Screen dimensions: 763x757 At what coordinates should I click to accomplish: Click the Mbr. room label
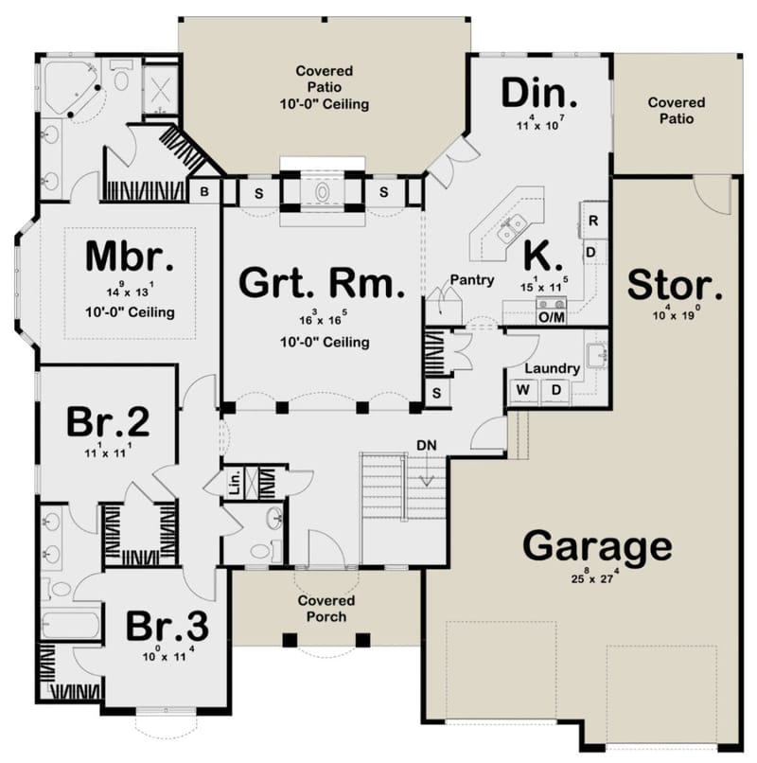pyautogui.click(x=129, y=257)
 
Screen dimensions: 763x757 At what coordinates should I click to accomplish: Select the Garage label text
pyautogui.click(x=597, y=546)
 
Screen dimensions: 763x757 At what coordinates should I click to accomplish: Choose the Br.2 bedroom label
pyautogui.click(x=107, y=422)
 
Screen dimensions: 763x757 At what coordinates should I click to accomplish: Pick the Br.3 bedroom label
pyautogui.click(x=167, y=626)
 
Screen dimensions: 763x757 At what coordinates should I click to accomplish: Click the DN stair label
pyautogui.click(x=427, y=444)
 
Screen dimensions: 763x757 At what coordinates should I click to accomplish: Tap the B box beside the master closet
pyautogui.click(x=204, y=191)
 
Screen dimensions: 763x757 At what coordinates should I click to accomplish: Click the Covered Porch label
pyautogui.click(x=326, y=609)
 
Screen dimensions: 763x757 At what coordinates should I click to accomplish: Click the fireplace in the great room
pyautogui.click(x=323, y=191)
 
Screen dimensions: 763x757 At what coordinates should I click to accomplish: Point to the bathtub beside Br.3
pyautogui.click(x=71, y=626)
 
